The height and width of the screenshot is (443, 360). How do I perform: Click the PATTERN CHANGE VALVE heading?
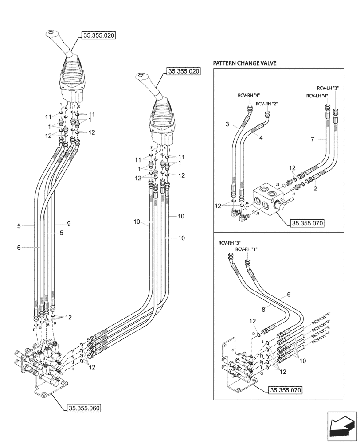pos(244,63)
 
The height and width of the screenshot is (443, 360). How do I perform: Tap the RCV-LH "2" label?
pos(328,88)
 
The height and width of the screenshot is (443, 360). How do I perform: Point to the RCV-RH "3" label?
pos(229,243)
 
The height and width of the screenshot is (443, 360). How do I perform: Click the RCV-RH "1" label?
pos(247,250)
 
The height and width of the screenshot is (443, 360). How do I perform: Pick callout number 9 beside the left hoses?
pos(69,224)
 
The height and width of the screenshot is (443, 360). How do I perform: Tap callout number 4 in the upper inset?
pos(261,138)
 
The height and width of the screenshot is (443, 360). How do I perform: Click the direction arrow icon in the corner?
pos(342,427)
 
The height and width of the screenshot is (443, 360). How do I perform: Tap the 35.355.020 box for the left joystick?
pos(98,35)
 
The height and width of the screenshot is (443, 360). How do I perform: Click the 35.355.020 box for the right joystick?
pos(183,71)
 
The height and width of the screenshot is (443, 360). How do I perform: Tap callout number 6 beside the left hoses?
pos(19,248)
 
